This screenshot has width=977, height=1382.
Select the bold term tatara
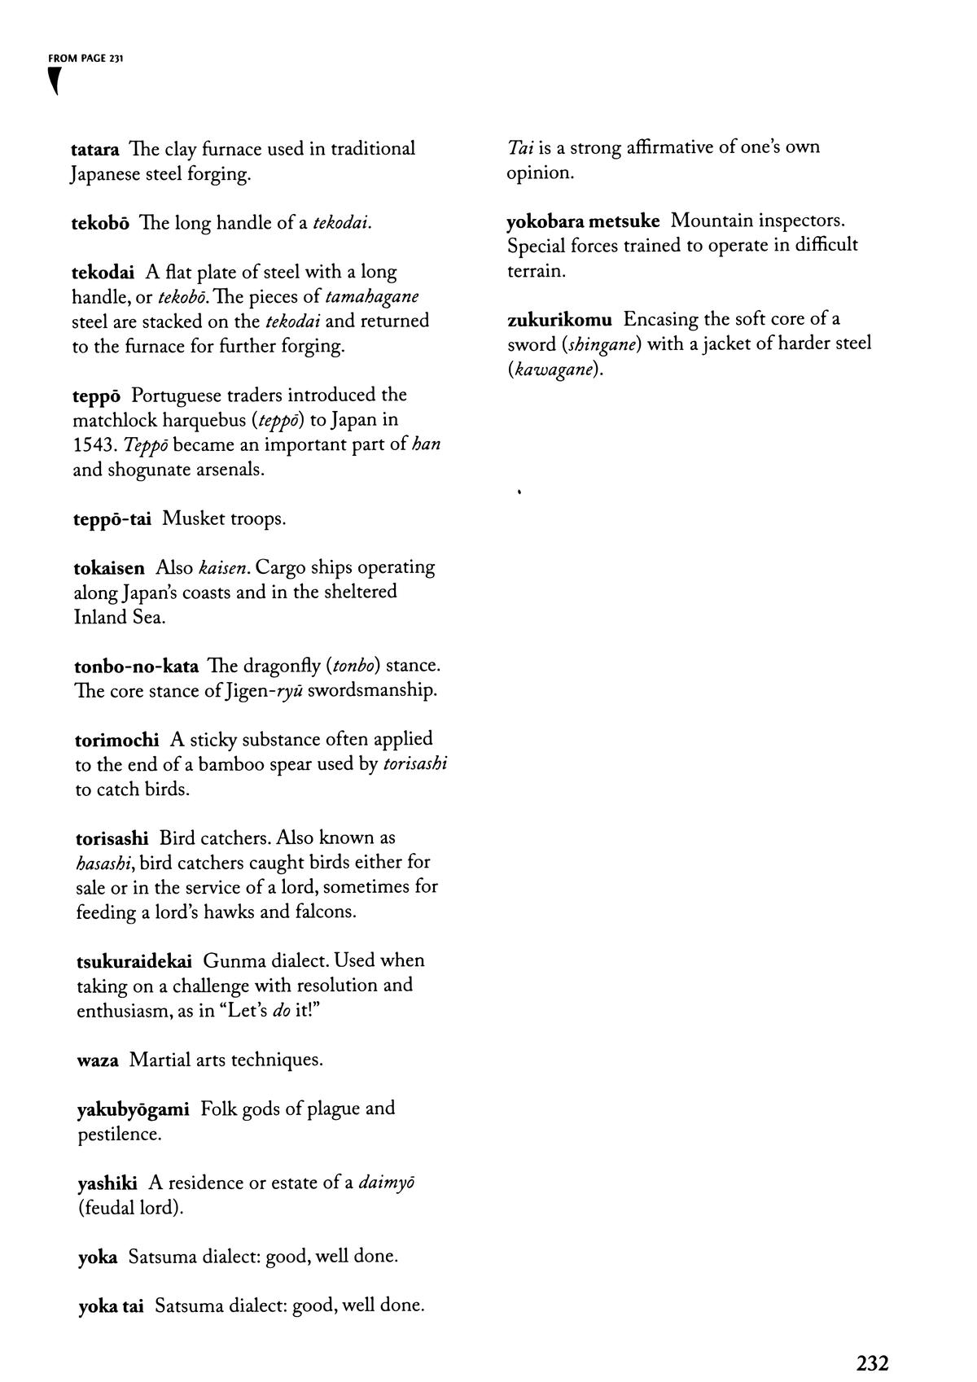click(95, 150)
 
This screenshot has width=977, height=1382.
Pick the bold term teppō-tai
click(112, 519)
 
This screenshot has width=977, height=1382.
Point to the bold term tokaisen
click(109, 567)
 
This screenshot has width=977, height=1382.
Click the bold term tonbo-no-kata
click(136, 667)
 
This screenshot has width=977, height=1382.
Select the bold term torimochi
click(116, 740)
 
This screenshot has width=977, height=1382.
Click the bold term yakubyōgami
click(133, 1109)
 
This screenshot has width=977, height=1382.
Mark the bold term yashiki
click(107, 1183)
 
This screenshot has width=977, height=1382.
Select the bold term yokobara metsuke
click(583, 221)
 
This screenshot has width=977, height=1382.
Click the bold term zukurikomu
click(559, 319)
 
